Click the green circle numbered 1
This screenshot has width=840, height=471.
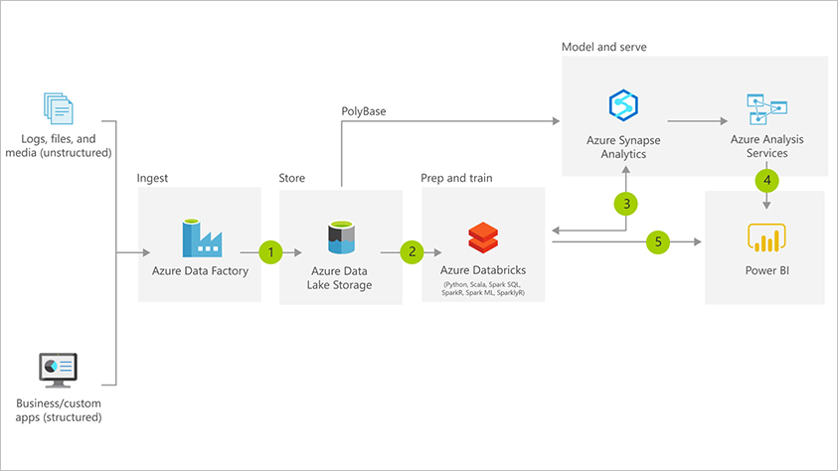point(270,252)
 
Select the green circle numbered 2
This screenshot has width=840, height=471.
point(413,252)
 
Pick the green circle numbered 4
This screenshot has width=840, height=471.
point(766,181)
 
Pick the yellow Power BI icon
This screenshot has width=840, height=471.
point(765,239)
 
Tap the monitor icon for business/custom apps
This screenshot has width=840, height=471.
point(59,371)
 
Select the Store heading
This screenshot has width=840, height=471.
point(293,178)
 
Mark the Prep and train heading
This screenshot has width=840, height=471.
point(456,178)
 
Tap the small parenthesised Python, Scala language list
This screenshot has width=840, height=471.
point(483,289)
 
